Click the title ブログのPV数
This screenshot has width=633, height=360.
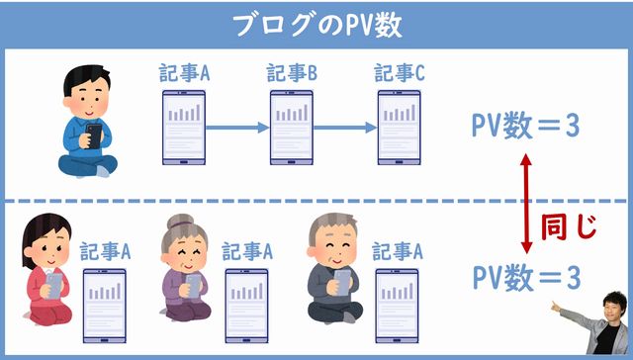(x=316, y=24)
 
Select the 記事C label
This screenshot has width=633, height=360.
(x=400, y=74)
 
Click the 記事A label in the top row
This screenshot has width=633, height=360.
(x=185, y=74)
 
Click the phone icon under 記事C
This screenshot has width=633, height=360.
(x=400, y=127)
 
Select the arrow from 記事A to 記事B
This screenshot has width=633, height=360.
(x=238, y=128)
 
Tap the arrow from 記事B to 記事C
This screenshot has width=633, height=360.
(x=345, y=128)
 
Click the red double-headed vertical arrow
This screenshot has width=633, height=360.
(x=528, y=205)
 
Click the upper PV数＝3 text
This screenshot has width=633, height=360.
(x=525, y=126)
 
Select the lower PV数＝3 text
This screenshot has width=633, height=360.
(x=525, y=277)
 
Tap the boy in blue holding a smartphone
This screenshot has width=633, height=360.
(x=90, y=124)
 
